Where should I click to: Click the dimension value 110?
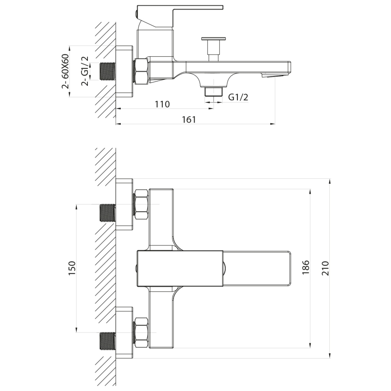(x=162, y=104)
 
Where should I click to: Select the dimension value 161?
(x=189, y=119)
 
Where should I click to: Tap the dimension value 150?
(x=72, y=268)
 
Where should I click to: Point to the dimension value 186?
(x=306, y=268)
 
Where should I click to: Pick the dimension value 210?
(x=326, y=269)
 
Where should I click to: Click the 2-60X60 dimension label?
(x=65, y=71)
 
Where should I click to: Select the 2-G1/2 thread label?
(x=84, y=71)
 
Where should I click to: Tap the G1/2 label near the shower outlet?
(x=238, y=97)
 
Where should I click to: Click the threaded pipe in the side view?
(x=107, y=72)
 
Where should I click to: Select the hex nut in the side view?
(x=141, y=71)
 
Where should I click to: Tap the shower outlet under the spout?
(x=214, y=92)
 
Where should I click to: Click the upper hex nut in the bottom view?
(x=141, y=205)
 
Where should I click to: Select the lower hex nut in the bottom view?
(x=141, y=332)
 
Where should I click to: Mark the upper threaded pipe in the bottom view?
(x=107, y=213)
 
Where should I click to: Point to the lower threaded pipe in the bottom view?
(x=107, y=341)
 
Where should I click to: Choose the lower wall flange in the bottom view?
(x=124, y=333)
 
